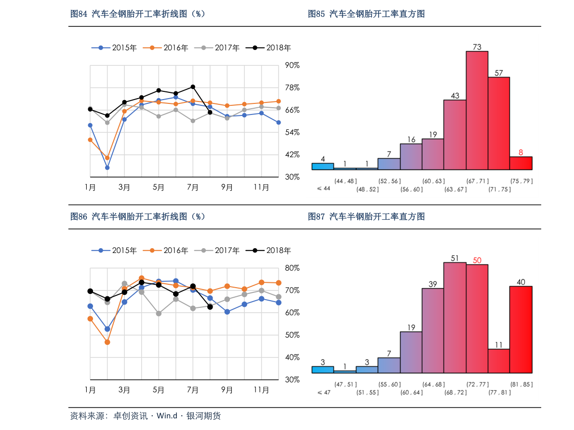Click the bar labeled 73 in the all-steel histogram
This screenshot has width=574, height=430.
477,110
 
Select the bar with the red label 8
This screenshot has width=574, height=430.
521,163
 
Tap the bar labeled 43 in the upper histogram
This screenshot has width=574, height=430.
454,135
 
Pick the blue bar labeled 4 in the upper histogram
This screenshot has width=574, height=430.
322,166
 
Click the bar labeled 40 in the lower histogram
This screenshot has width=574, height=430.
521,329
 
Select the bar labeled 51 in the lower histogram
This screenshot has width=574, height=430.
454,317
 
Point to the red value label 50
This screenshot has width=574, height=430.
477,260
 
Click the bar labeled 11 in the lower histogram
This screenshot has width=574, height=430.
498,361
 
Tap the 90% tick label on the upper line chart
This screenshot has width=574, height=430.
292,65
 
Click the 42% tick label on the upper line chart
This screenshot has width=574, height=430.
292,154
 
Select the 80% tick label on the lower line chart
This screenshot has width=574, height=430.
292,268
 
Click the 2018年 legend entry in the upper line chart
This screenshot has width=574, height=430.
273,48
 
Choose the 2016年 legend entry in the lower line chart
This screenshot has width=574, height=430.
170,250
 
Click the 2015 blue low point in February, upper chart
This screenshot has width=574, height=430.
107,168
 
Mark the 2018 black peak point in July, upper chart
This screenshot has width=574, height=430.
193,87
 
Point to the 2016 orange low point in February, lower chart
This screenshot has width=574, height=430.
107,342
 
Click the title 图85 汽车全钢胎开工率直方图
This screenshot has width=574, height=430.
366,14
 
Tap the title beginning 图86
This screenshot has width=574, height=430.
138,216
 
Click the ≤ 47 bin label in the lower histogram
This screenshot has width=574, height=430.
323,392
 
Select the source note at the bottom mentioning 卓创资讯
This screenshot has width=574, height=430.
145,416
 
